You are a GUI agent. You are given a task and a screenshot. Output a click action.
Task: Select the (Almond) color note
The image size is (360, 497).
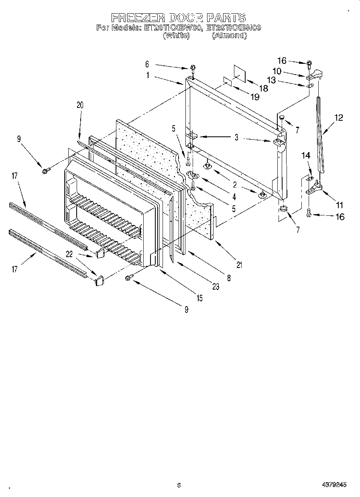[x=229, y=35]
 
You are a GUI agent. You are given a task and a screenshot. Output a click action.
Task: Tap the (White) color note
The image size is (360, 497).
[x=176, y=35]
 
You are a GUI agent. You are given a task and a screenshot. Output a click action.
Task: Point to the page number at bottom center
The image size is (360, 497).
[x=179, y=485]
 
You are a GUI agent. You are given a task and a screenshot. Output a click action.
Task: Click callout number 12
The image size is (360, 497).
[x=339, y=118]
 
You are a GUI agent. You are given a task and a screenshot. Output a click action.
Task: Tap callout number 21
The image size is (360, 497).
[x=239, y=264]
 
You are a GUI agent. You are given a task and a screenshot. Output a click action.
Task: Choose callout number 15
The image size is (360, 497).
[x=199, y=298]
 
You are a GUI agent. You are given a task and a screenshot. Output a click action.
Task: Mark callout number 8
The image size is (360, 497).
[x=229, y=277]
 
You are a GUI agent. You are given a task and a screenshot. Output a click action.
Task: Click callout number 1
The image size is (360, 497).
[x=148, y=75]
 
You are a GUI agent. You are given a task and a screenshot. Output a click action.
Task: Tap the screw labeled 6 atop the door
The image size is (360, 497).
[x=193, y=67]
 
